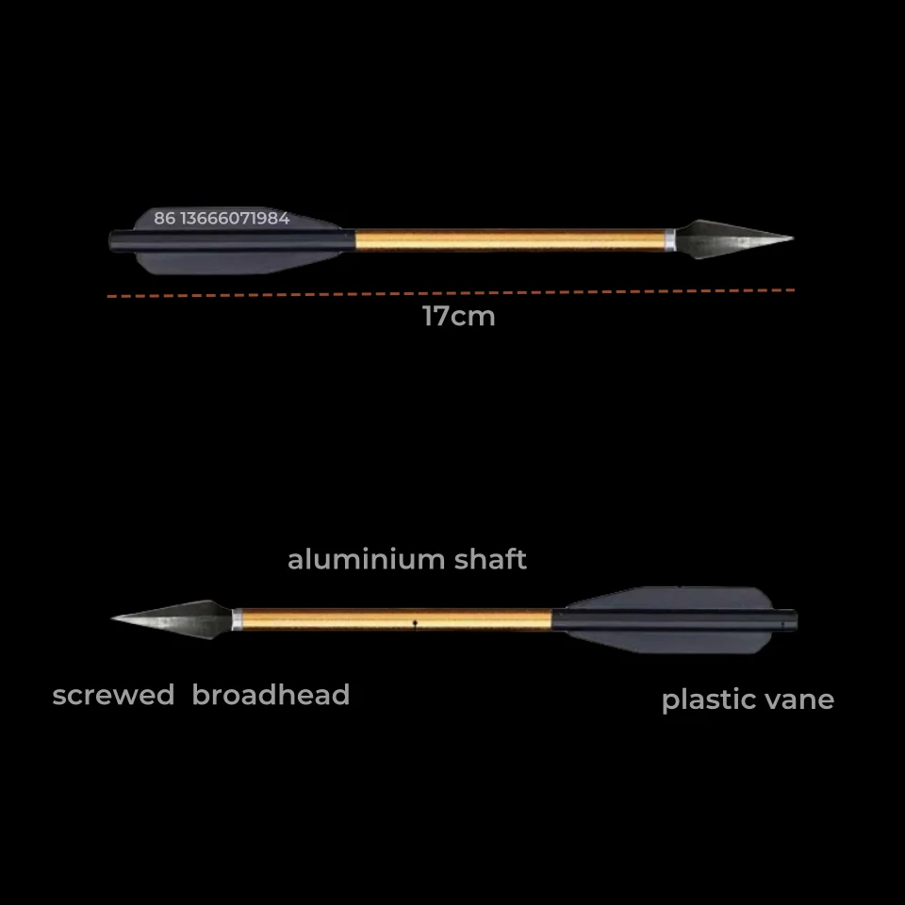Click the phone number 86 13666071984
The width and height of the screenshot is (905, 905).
tap(222, 219)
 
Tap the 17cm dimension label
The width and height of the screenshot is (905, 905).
tap(458, 317)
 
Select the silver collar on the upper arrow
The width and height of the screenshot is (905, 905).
tap(670, 239)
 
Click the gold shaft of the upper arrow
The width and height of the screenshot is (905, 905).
tap(509, 240)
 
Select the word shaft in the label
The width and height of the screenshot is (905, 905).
tap(489, 560)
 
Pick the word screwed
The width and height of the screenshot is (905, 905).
tap(113, 696)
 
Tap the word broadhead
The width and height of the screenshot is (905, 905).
tap(271, 696)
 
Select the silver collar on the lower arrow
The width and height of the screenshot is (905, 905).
tap(237, 619)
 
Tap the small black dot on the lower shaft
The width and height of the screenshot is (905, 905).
tap(415, 622)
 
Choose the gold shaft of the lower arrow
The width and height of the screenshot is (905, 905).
tap(377, 619)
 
